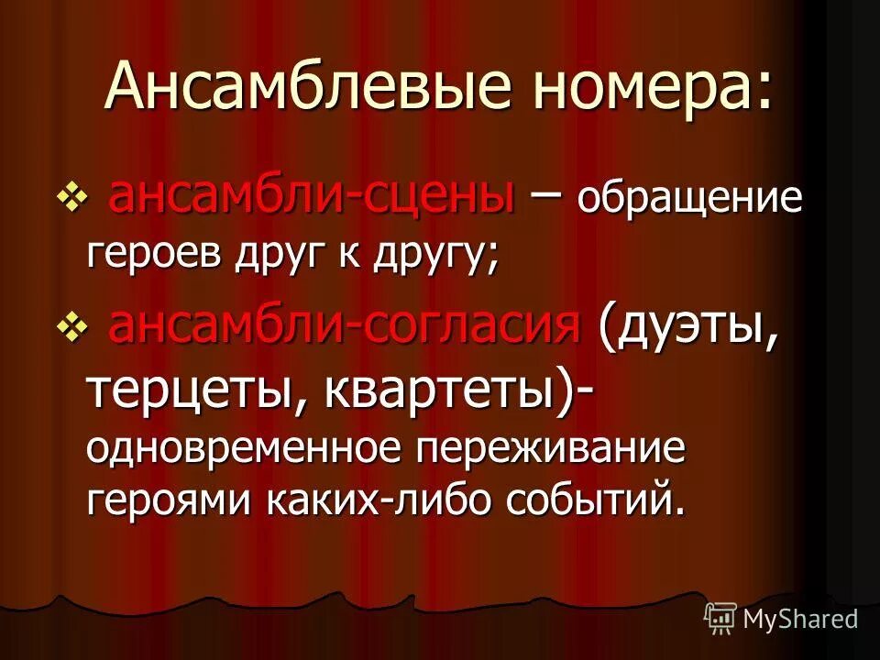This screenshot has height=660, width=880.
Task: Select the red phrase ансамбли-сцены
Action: coord(312,194)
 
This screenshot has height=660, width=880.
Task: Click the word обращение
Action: coord(689,198)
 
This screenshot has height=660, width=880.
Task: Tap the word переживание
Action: coord(553,449)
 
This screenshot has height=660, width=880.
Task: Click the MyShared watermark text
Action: coord(799,619)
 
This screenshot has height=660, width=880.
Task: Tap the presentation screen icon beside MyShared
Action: coord(720,618)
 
